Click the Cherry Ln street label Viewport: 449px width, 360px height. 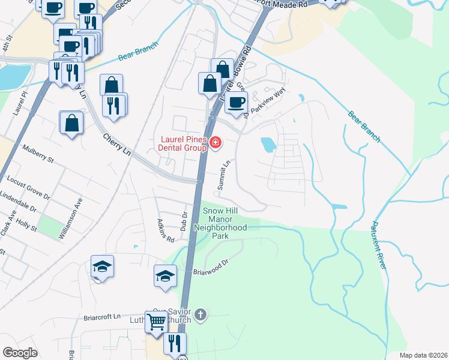(116, 144)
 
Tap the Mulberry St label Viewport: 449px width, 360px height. (38, 154)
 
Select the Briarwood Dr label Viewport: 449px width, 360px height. (211, 267)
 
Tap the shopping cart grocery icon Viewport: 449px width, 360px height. (156, 322)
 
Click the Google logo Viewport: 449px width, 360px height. (20, 353)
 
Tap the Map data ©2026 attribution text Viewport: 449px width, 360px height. (423, 355)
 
